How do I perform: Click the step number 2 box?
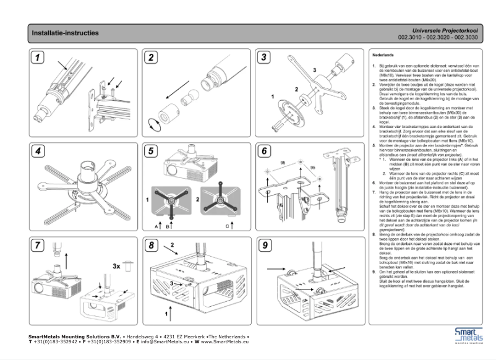point(151,58)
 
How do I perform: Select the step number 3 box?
point(263,58)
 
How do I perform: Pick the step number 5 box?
point(151,152)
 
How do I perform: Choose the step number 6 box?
point(263,152)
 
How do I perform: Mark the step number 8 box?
point(151,246)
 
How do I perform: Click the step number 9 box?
point(263,246)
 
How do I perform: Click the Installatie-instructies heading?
point(65,33)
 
